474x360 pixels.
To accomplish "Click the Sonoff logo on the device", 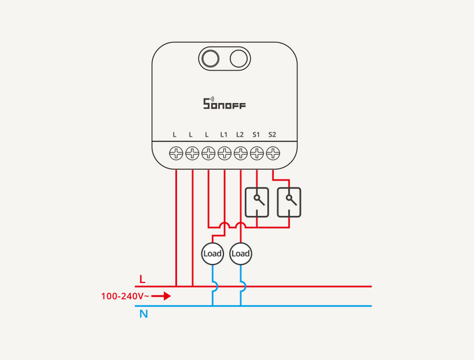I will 224,104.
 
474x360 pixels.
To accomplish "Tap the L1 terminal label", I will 224,135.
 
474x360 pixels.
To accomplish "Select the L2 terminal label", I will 240,135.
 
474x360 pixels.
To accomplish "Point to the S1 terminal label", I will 256,135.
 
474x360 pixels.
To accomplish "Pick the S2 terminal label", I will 272,135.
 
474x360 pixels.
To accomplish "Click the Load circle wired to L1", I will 212,254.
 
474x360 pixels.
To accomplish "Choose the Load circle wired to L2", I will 241,254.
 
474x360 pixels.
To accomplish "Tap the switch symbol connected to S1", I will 257,202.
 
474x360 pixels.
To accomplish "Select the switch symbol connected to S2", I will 289,202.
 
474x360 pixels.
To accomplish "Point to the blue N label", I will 143,314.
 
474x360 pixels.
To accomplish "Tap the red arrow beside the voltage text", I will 162,295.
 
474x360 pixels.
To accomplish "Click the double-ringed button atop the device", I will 210,59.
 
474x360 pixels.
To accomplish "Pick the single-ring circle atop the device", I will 238,59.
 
